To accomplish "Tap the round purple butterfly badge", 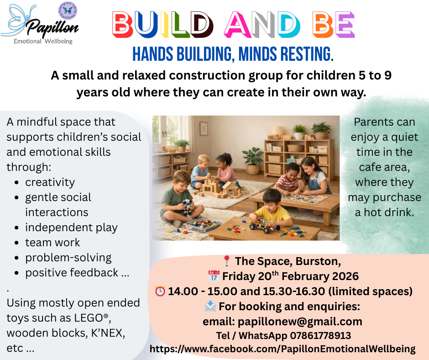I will (68, 11).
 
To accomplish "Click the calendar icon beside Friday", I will (214, 276).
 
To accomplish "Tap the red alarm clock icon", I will (160, 291).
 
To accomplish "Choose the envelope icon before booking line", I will (210, 307).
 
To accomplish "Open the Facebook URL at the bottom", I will (283, 349).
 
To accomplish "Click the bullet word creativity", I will (50, 182).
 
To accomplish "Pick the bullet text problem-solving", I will (68, 258).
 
